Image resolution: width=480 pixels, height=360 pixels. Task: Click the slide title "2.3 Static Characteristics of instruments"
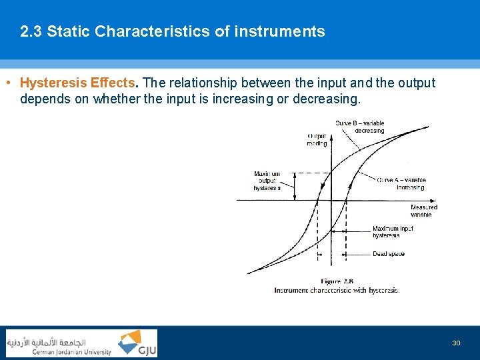coord(173,31)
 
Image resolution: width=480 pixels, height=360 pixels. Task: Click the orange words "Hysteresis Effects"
coord(78,83)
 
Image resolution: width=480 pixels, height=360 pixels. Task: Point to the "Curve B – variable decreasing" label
coord(360,127)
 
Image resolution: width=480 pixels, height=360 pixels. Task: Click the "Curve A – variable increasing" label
coord(401,183)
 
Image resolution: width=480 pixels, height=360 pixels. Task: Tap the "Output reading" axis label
coord(317,139)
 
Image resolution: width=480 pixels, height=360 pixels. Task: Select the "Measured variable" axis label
coord(423,211)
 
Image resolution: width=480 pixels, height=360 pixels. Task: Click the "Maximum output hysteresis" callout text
coord(267,181)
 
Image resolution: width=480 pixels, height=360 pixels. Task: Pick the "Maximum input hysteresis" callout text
coord(393,231)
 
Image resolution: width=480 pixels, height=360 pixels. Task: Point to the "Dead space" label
coord(388,254)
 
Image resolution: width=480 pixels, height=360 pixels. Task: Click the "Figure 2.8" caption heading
coord(337,281)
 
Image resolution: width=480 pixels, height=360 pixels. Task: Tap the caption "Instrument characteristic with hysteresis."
coord(337,290)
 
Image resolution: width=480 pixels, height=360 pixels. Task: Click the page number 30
coord(456,343)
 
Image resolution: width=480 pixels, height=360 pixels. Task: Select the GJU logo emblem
coord(137,343)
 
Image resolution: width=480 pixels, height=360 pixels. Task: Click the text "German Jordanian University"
coord(72,352)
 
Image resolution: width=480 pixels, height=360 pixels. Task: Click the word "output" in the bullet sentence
coord(414,83)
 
